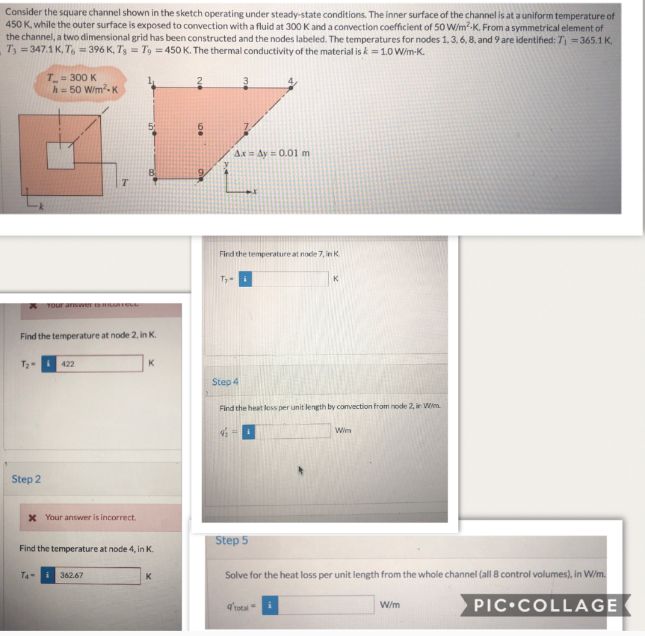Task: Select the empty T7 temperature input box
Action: coord(290,278)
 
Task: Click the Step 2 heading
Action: coord(26,479)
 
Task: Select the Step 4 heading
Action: coord(225,382)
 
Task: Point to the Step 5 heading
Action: coord(231,540)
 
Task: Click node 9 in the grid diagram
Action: coord(200,178)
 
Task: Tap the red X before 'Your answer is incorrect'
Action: coord(32,517)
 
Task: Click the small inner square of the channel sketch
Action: coord(60,155)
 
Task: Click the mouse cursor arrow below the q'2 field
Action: coord(301,470)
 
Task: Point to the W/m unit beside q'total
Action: coord(391,605)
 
